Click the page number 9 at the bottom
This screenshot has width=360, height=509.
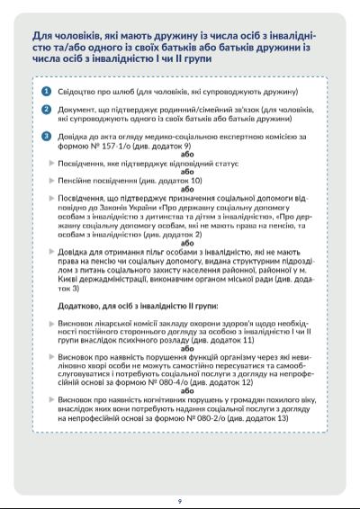(180, 500)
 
